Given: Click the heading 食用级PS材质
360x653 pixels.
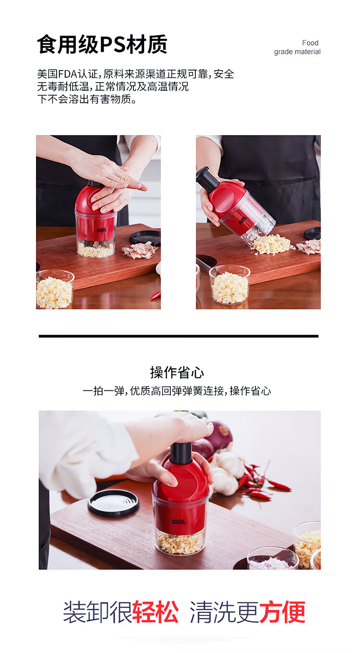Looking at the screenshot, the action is (102, 44).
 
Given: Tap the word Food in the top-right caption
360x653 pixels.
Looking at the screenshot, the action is (310, 43).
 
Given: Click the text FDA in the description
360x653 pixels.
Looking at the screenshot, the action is (67, 74).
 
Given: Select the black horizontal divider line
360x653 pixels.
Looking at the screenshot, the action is (179, 336).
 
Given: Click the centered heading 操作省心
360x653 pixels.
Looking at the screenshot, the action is (177, 373).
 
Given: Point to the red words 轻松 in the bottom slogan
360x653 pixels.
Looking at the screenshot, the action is (156, 612).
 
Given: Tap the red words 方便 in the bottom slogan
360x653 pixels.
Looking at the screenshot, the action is (282, 612).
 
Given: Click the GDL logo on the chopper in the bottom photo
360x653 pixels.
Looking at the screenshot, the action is (179, 522).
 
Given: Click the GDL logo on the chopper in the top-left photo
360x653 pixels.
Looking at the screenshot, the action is (102, 230).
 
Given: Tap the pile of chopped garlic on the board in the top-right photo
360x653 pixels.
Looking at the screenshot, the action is (271, 244).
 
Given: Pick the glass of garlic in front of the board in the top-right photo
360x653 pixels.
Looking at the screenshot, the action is (230, 285).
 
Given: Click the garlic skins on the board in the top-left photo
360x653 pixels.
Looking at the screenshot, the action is (139, 251).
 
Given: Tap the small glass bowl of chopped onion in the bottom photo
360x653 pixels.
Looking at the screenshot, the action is (273, 558).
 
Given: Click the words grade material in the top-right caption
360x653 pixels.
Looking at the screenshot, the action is (297, 52).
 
